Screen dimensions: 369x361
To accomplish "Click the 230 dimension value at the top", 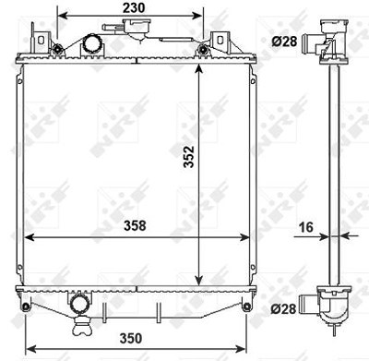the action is point(134,8).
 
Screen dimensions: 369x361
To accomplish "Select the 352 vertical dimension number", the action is point(189,157).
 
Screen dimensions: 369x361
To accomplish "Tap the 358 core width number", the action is point(135,225).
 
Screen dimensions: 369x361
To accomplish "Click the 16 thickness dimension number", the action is point(306,227).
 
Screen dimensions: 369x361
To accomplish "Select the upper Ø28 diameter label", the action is point(284,42).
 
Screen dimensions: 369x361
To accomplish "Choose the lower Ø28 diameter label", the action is point(283,308).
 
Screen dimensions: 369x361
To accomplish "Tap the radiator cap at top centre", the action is point(137,26).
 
